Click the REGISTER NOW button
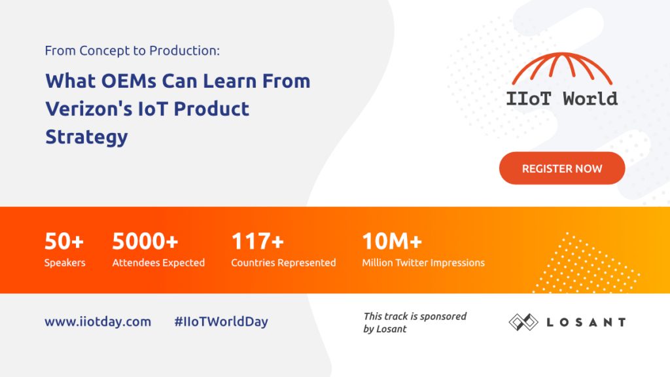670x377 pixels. click(562, 168)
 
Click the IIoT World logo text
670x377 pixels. click(561, 99)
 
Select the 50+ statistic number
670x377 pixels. click(64, 242)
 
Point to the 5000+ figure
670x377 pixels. click(145, 242)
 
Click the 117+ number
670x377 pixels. click(257, 242)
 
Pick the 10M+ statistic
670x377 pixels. click(392, 242)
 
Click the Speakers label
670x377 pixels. click(65, 262)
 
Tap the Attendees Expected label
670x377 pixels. click(158, 262)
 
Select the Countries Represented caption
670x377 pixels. click(283, 262)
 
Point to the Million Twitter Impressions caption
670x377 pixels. click(423, 262)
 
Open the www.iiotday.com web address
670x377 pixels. click(97, 321)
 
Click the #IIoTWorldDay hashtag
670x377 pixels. click(221, 321)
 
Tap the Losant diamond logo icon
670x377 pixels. click(523, 321)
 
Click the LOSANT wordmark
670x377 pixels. click(586, 322)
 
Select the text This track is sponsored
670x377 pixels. click(415, 316)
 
